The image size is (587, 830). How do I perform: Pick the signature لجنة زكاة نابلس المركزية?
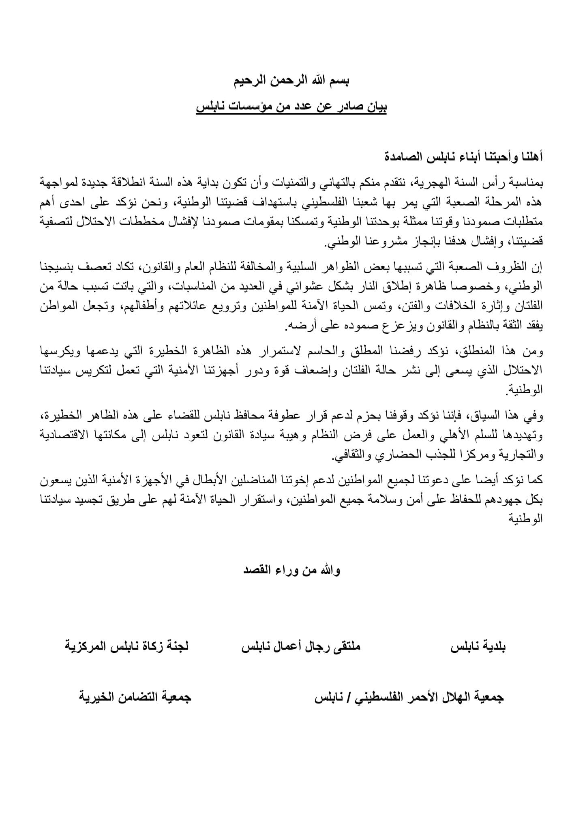pyautogui.click(x=126, y=646)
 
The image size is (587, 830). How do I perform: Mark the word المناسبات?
pyautogui.click(x=186, y=287)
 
